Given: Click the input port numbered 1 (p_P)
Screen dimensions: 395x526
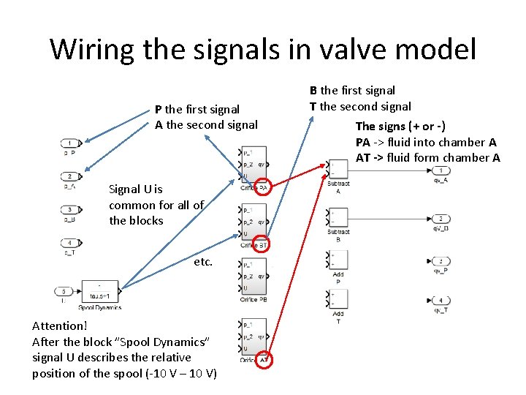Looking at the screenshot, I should point(71,143).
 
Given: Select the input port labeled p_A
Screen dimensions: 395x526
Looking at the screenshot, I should point(71,176).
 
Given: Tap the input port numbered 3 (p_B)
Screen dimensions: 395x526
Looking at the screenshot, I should point(71,210).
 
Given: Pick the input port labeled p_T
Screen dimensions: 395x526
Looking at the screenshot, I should point(71,243).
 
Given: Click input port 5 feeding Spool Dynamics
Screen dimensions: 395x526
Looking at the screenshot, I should point(64,290).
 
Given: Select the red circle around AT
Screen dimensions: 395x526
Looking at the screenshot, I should point(264,359).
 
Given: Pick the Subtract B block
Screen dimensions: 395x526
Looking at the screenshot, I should point(338,217).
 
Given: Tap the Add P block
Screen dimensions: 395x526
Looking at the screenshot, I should point(338,260).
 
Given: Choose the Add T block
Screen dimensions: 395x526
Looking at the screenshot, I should point(338,299).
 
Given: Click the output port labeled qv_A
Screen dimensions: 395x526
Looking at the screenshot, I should point(441,170).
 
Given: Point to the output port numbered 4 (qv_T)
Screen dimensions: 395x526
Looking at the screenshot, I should point(441,300).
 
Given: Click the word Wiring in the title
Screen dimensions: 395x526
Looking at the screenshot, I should point(94,49).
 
